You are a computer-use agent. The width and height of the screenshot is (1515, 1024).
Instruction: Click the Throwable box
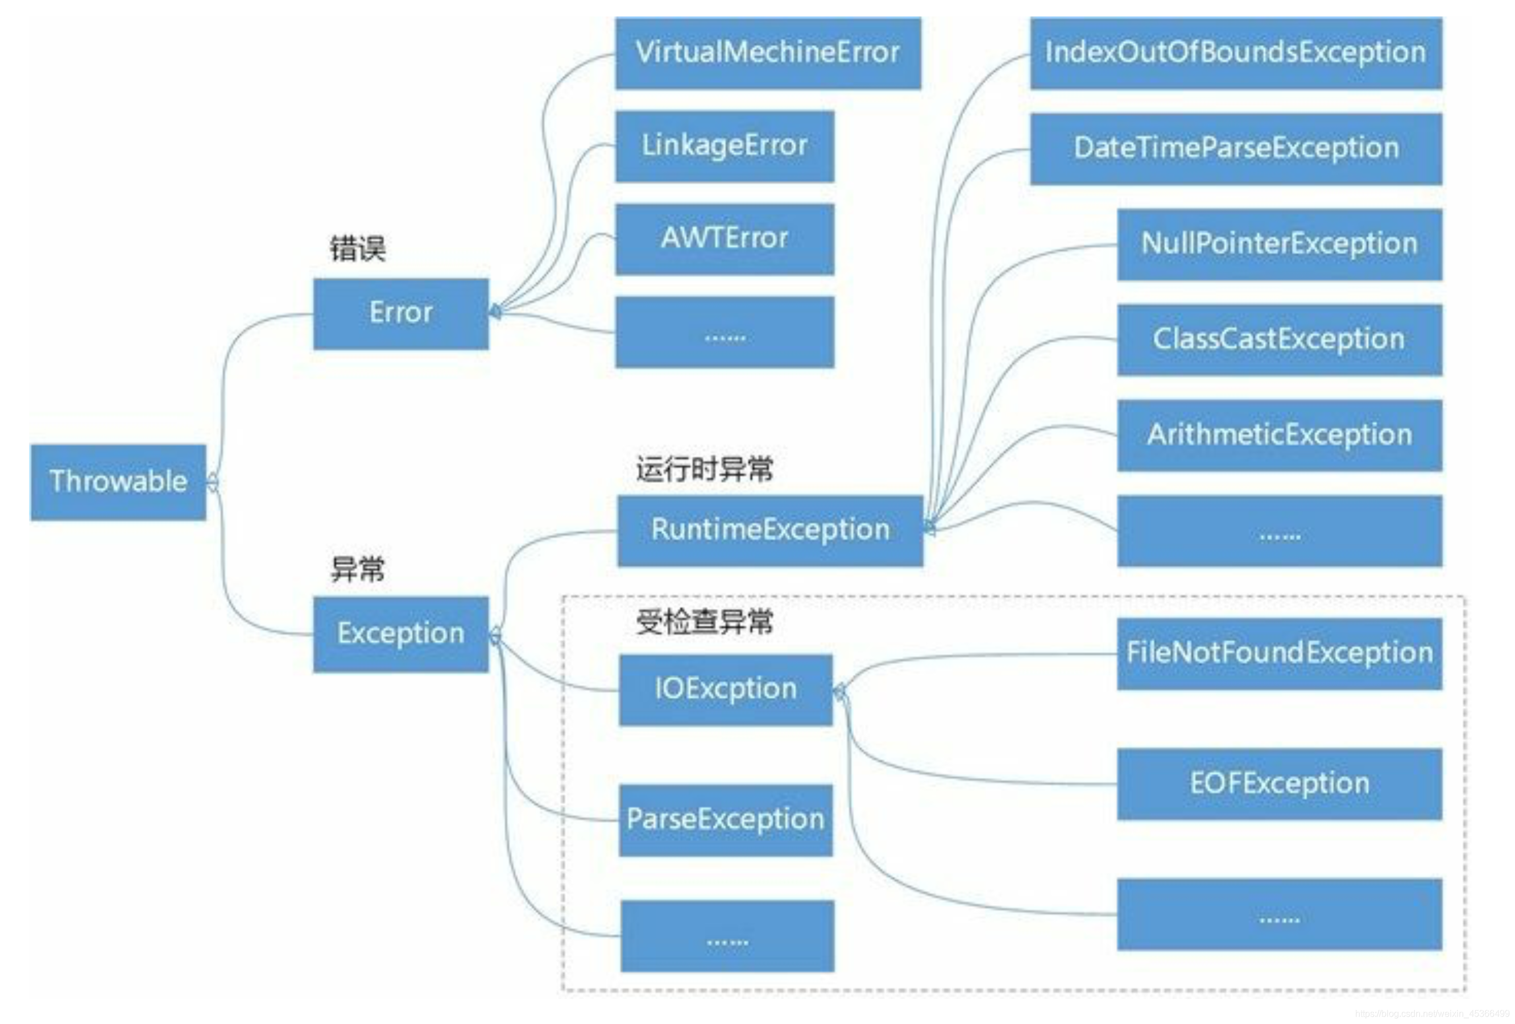(118, 482)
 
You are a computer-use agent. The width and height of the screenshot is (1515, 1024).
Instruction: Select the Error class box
(400, 313)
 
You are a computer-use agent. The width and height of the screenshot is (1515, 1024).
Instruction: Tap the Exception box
(400, 633)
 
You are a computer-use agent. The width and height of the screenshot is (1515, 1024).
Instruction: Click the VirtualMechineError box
(768, 53)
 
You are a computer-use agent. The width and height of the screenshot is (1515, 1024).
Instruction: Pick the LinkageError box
(725, 146)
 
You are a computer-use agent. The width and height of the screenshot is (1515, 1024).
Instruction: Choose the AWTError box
(725, 239)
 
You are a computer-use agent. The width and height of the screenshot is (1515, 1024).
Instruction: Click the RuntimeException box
(770, 530)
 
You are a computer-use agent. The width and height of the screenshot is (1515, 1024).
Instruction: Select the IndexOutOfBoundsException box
(1235, 53)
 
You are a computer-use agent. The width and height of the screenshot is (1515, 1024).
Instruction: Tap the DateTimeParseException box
(1235, 148)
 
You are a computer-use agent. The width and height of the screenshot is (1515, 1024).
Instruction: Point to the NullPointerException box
(1279, 244)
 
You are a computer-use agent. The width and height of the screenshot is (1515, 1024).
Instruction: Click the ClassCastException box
(1279, 339)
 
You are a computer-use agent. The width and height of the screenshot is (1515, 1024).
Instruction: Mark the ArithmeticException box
(1279, 435)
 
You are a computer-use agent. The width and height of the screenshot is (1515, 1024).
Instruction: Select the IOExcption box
(726, 690)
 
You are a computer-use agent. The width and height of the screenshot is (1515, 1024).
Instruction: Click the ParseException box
(726, 819)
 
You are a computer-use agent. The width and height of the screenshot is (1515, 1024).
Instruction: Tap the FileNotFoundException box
(1279, 653)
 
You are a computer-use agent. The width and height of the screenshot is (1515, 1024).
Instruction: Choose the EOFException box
(1279, 783)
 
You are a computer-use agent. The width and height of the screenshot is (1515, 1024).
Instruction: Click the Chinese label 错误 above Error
(357, 249)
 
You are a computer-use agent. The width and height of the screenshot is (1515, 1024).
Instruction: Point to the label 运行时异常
(704, 469)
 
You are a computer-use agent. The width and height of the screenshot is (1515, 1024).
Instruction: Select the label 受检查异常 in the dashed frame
(704, 621)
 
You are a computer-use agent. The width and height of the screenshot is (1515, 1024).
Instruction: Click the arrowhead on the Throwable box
(213, 483)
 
